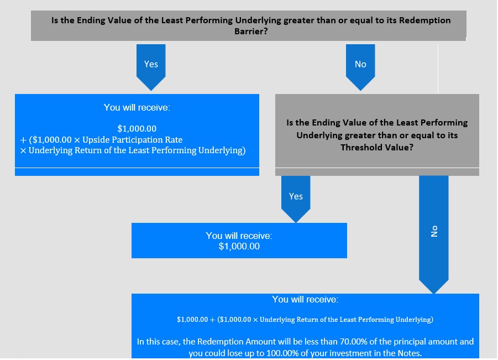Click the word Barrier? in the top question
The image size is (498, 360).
point(251,32)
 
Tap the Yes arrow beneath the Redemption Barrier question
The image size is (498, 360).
point(151,67)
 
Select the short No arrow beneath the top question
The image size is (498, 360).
point(360,67)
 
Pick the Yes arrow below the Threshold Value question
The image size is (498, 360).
point(296,199)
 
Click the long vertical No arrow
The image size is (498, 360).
point(434,234)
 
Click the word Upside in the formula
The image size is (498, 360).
point(96,140)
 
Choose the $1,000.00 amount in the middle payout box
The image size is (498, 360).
point(239,246)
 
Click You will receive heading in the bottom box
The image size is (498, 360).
point(305,299)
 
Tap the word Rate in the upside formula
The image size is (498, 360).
point(174,140)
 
